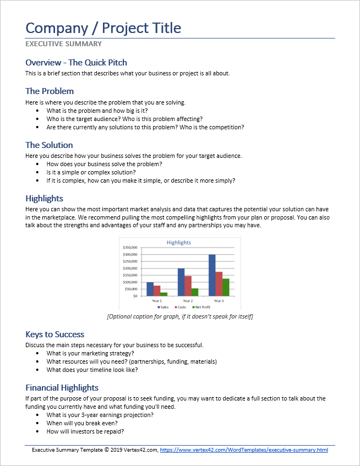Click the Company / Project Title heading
tap(103, 28)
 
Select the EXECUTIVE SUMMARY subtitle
tap(63, 43)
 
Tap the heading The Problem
tap(50, 91)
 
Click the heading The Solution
tap(49, 145)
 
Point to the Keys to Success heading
tap(54, 334)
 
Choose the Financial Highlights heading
tap(62, 387)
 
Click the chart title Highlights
tap(178, 242)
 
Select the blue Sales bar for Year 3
tap(212, 275)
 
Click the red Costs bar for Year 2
tap(188, 286)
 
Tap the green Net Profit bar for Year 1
tap(164, 294)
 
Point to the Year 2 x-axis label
tap(188, 301)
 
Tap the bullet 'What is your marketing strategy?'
tap(90, 353)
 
